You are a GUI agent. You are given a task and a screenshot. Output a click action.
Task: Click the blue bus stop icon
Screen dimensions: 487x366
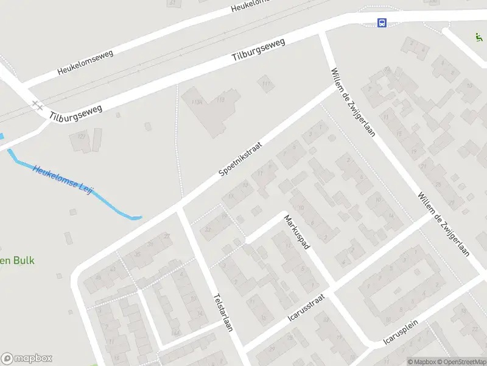(x=382, y=23)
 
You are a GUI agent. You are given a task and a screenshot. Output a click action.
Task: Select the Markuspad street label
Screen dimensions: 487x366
(x=297, y=231)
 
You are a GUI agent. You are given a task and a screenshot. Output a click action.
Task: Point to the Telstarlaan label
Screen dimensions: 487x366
(x=223, y=313)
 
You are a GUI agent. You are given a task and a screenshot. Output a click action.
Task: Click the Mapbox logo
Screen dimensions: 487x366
(x=26, y=359)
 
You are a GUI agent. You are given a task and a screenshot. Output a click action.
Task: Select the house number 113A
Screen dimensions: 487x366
(x=197, y=102)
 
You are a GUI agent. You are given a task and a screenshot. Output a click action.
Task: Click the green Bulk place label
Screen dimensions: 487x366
(x=17, y=260)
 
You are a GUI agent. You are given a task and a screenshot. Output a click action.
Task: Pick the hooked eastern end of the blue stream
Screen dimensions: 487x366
(x=139, y=217)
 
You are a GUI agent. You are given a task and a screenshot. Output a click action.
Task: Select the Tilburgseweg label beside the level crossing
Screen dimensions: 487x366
(x=76, y=110)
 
